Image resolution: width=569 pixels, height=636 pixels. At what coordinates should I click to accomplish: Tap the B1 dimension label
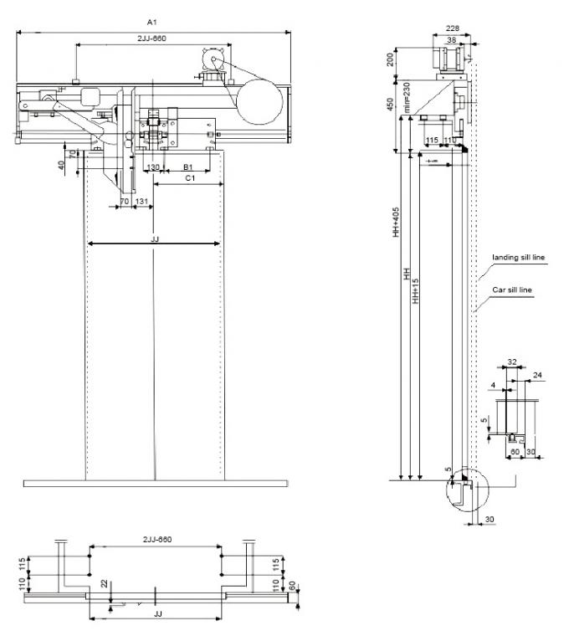pos(188,167)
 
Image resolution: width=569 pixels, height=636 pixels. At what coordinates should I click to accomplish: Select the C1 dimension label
pos(190,178)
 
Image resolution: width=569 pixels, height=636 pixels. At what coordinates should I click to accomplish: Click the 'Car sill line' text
pos(511,290)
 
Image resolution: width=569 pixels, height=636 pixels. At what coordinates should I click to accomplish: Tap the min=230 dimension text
pos(407,97)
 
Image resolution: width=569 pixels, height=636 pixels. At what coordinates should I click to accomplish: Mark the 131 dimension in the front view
pos(142,202)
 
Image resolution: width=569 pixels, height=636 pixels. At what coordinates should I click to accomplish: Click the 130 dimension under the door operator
pos(153,167)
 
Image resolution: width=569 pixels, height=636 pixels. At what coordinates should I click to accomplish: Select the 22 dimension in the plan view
pos(103,584)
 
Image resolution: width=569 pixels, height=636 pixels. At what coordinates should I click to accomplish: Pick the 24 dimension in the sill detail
pos(536,376)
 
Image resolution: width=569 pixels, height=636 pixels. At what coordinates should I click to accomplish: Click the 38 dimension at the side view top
pos(452,39)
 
